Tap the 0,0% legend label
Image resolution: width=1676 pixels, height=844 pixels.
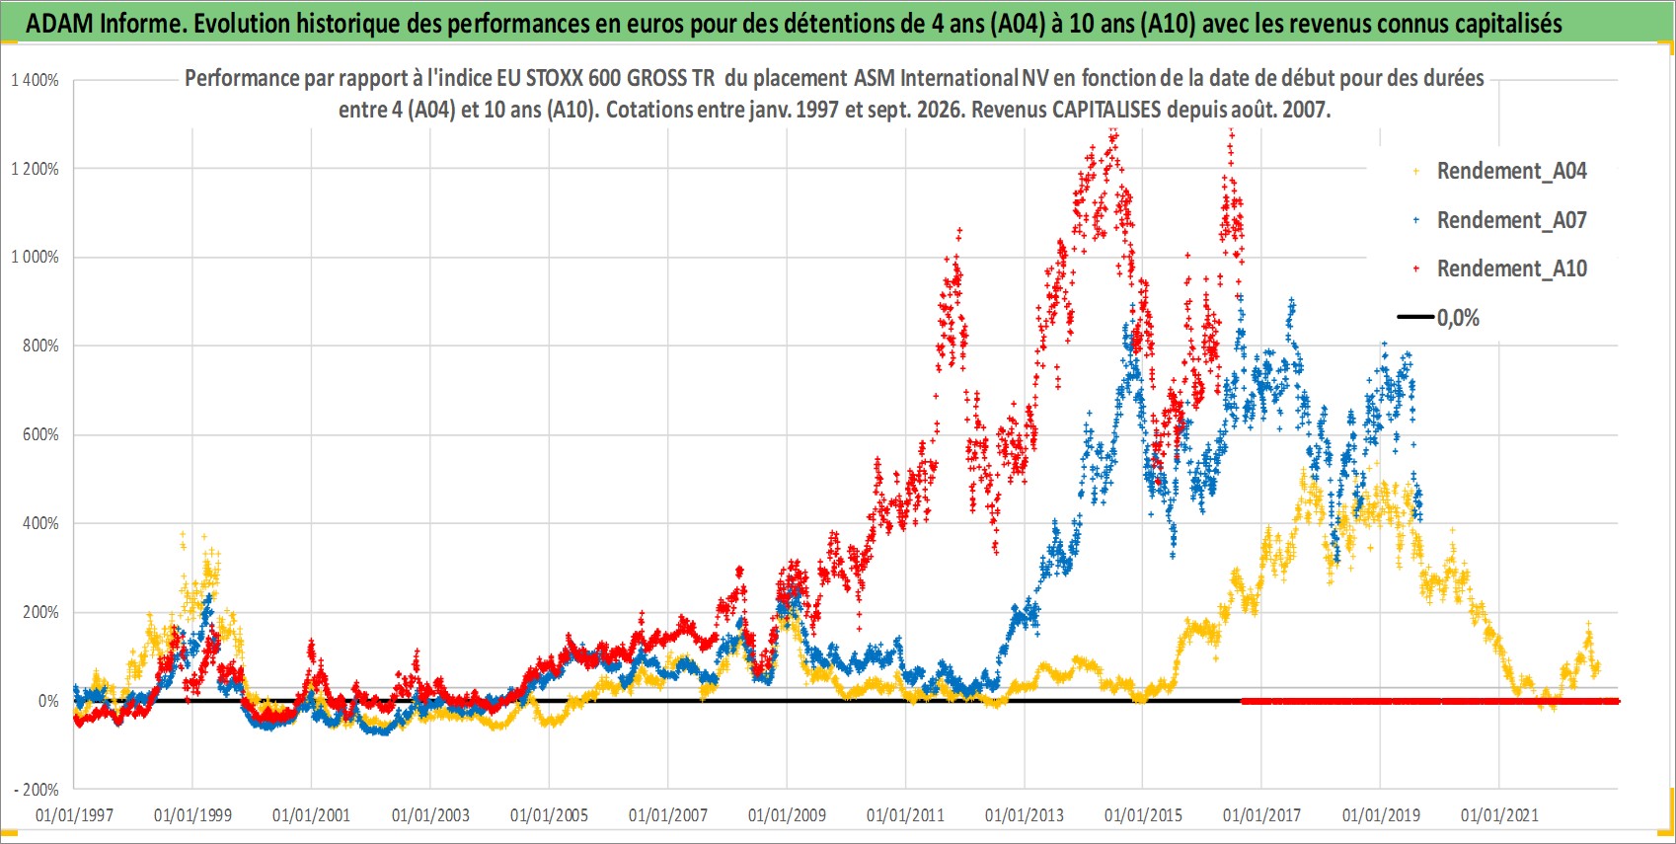(1458, 318)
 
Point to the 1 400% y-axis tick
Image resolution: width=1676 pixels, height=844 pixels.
(35, 80)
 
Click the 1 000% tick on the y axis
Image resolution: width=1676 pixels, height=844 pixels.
(35, 258)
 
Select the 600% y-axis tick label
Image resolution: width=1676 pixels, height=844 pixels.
(40, 434)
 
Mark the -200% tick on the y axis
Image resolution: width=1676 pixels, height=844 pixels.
(36, 790)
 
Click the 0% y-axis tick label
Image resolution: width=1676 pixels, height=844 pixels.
(48, 701)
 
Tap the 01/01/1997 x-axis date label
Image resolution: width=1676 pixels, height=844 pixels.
(74, 814)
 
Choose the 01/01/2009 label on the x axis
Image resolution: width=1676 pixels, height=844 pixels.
(787, 814)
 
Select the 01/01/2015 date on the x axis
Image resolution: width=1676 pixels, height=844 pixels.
(1143, 814)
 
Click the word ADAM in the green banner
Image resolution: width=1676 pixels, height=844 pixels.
(59, 24)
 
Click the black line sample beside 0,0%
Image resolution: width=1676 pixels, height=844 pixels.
(1415, 317)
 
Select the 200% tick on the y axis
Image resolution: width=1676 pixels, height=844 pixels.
(40, 612)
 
